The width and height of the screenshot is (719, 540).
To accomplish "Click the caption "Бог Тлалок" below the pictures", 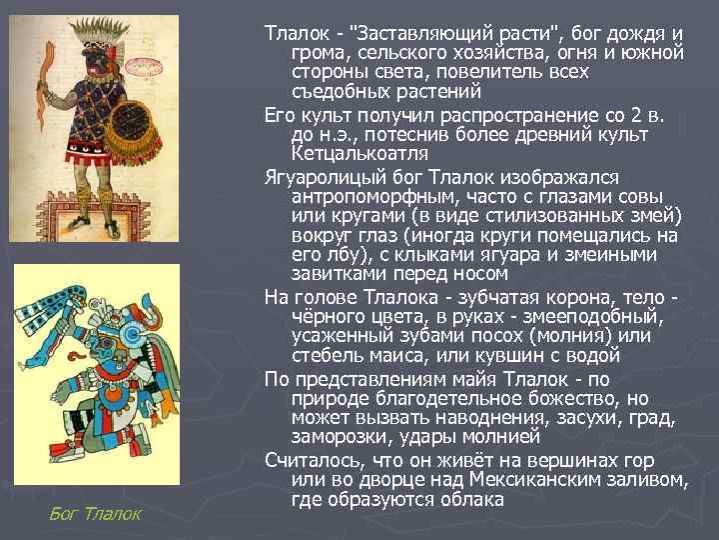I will point(96,513).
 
